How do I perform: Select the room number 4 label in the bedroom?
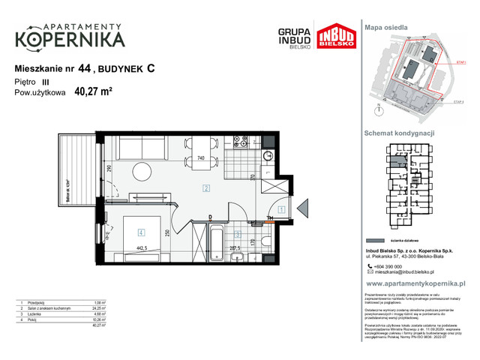(x=140, y=233)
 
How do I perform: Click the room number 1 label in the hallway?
(x=279, y=210)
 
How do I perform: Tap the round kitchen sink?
(x=268, y=154)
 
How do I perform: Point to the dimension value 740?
(x=200, y=159)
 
